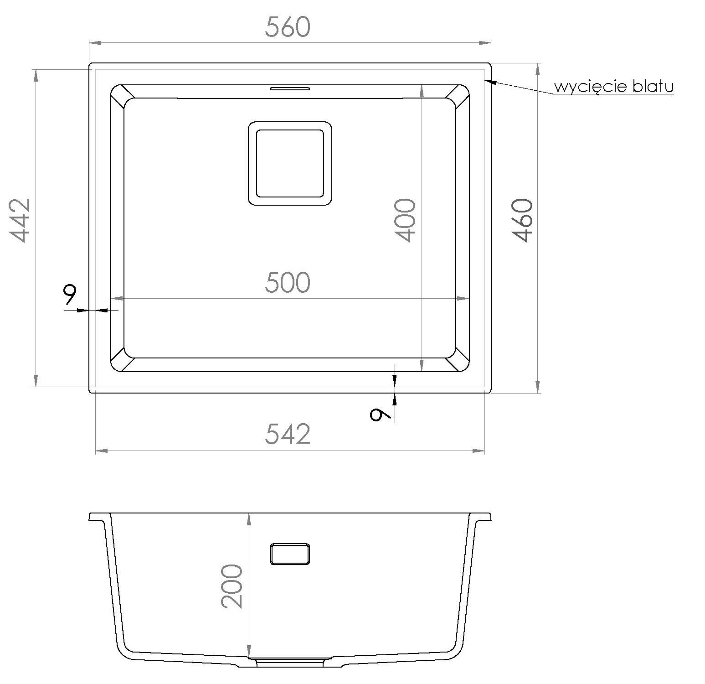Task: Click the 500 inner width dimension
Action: [x=288, y=282]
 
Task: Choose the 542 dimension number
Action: [x=288, y=434]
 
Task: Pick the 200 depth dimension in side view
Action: [x=232, y=586]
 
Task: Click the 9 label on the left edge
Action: [x=70, y=295]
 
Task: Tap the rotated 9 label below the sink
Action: [x=381, y=414]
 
